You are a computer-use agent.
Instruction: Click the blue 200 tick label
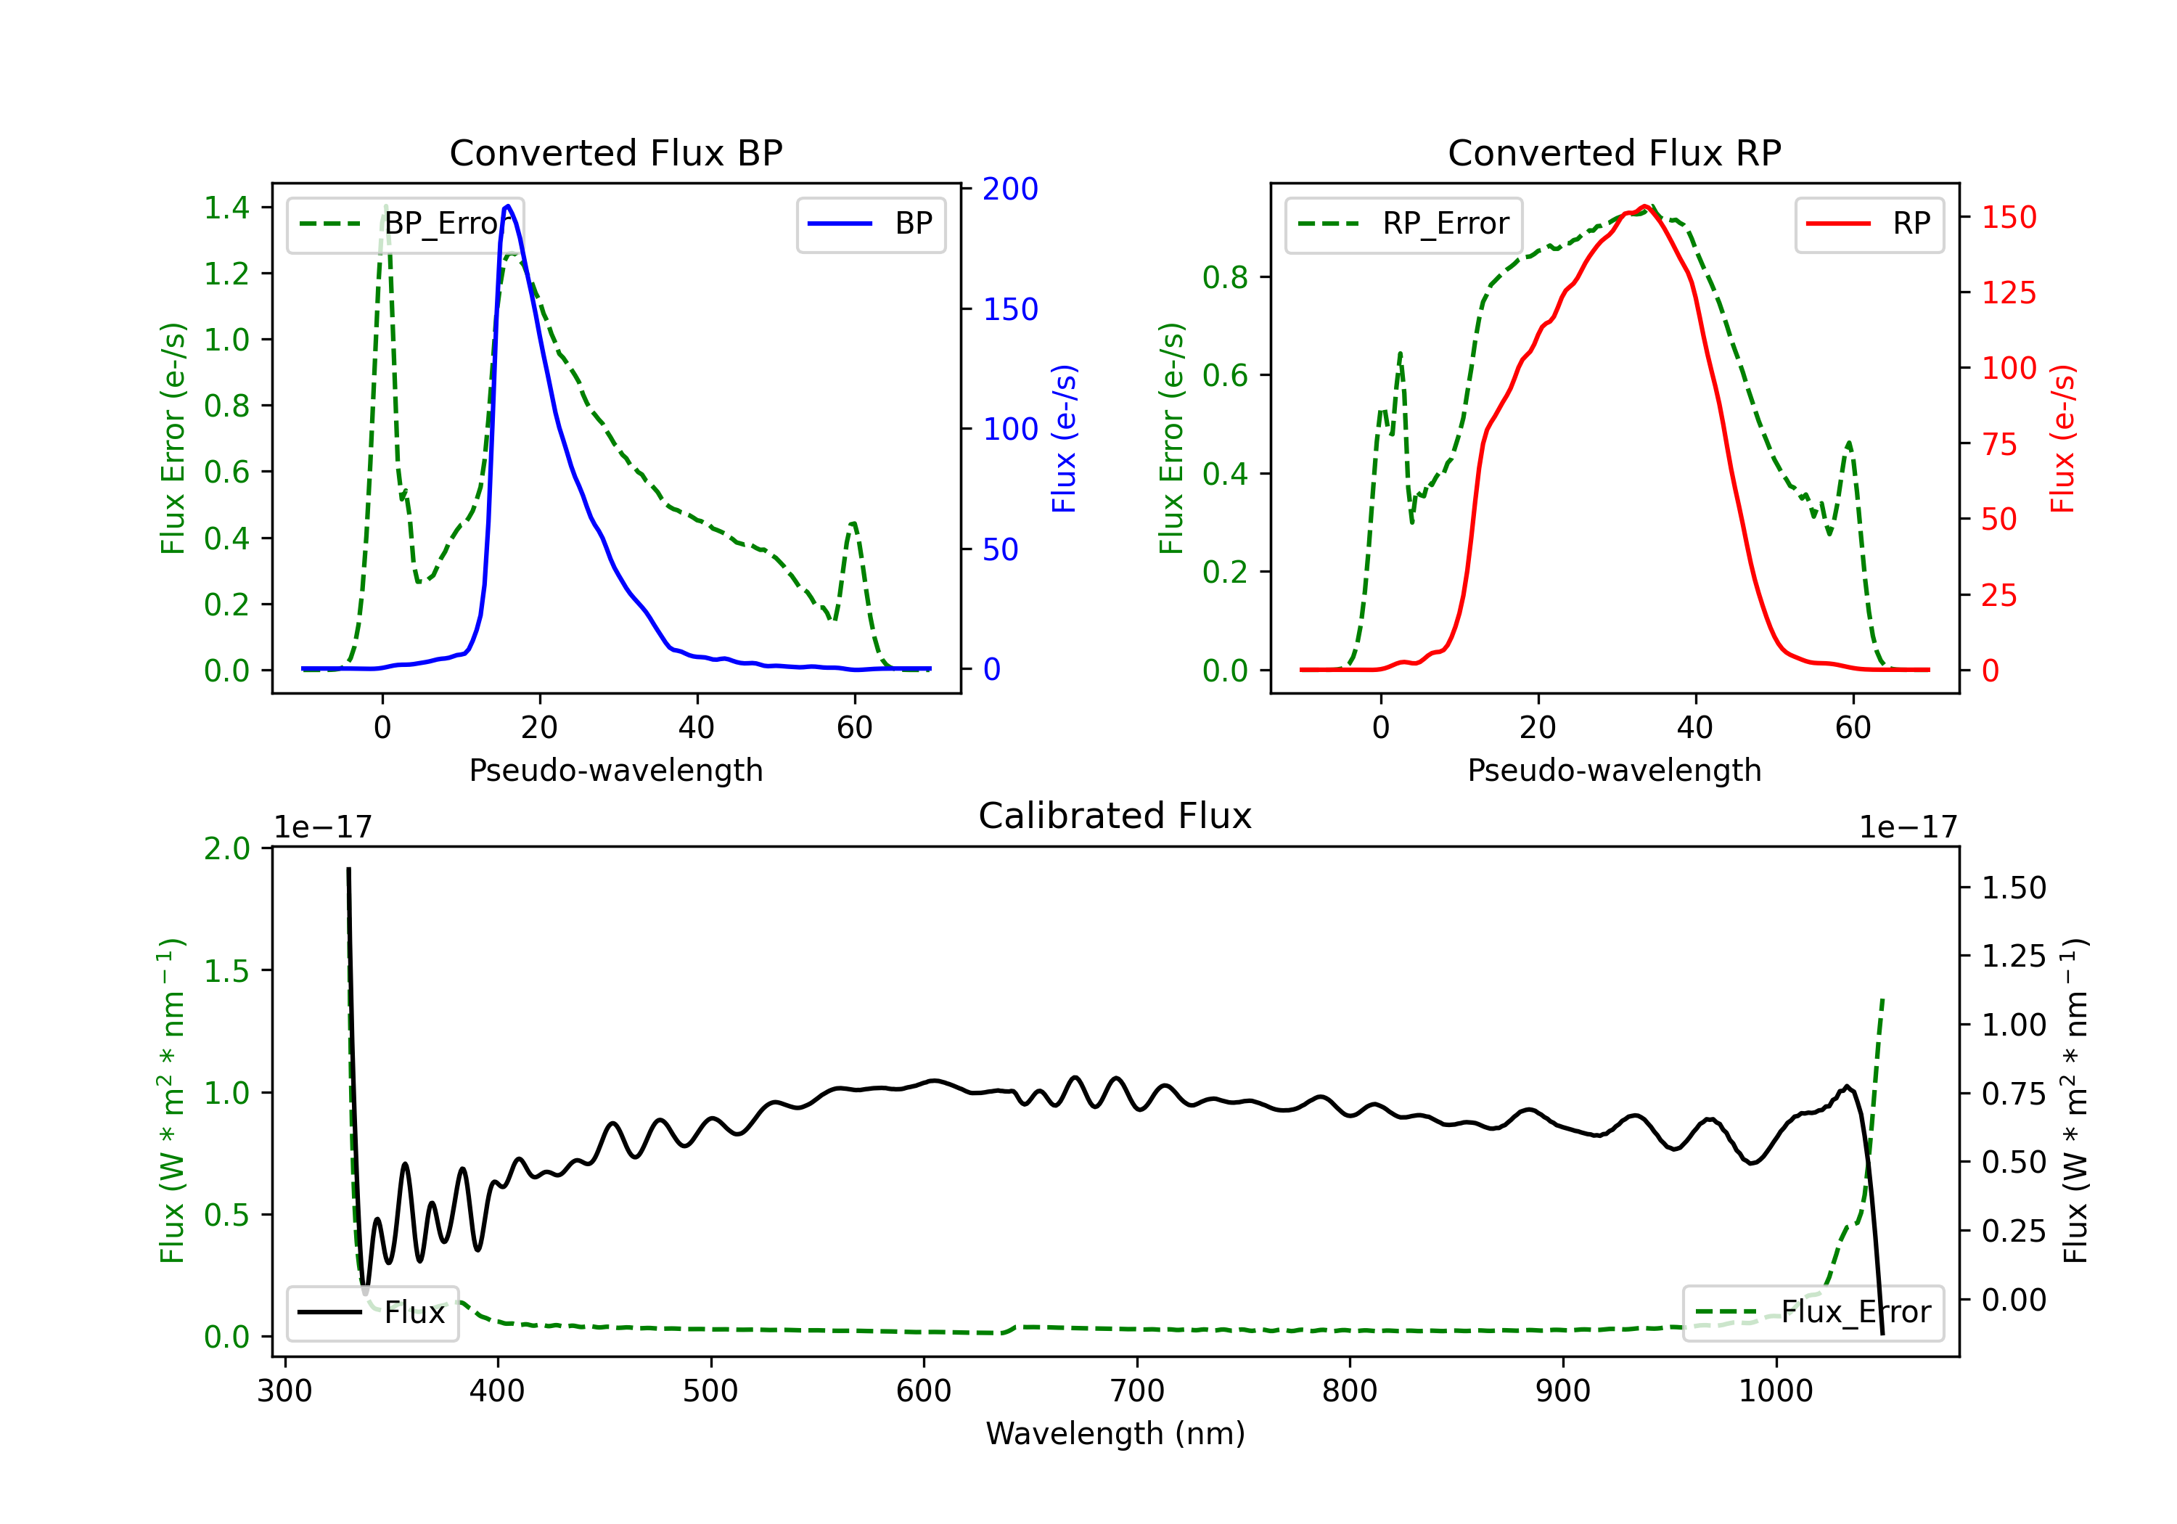pos(1010,189)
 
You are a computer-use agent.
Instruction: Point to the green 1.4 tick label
pos(226,208)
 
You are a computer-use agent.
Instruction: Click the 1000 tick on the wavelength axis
pos(1775,1391)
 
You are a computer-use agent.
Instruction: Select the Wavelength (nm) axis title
pos(1115,1434)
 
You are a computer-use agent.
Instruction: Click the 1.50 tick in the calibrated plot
pos(2014,888)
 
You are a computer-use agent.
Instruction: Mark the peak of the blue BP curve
pos(508,206)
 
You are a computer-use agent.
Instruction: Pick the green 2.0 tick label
pos(226,849)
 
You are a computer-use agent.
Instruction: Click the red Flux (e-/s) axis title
pos(2062,439)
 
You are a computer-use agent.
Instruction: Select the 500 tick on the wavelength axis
pos(710,1391)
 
